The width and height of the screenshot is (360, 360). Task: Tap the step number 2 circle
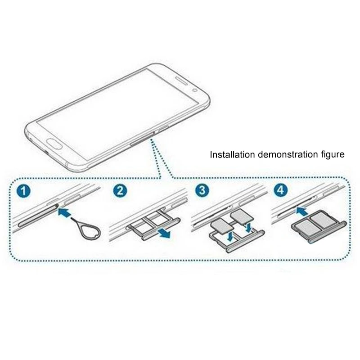click(120, 191)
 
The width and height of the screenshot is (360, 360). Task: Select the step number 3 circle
click(202, 190)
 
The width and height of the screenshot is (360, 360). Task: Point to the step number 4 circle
click(280, 190)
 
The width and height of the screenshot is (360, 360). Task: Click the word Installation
click(232, 154)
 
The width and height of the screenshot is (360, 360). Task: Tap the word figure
click(333, 155)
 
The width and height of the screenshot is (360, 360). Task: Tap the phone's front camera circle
click(195, 90)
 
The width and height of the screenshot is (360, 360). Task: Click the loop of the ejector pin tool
click(92, 231)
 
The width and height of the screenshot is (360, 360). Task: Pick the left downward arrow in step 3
click(230, 237)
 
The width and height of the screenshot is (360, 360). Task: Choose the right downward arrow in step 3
click(249, 227)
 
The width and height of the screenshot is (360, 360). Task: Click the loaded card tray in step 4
click(319, 225)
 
